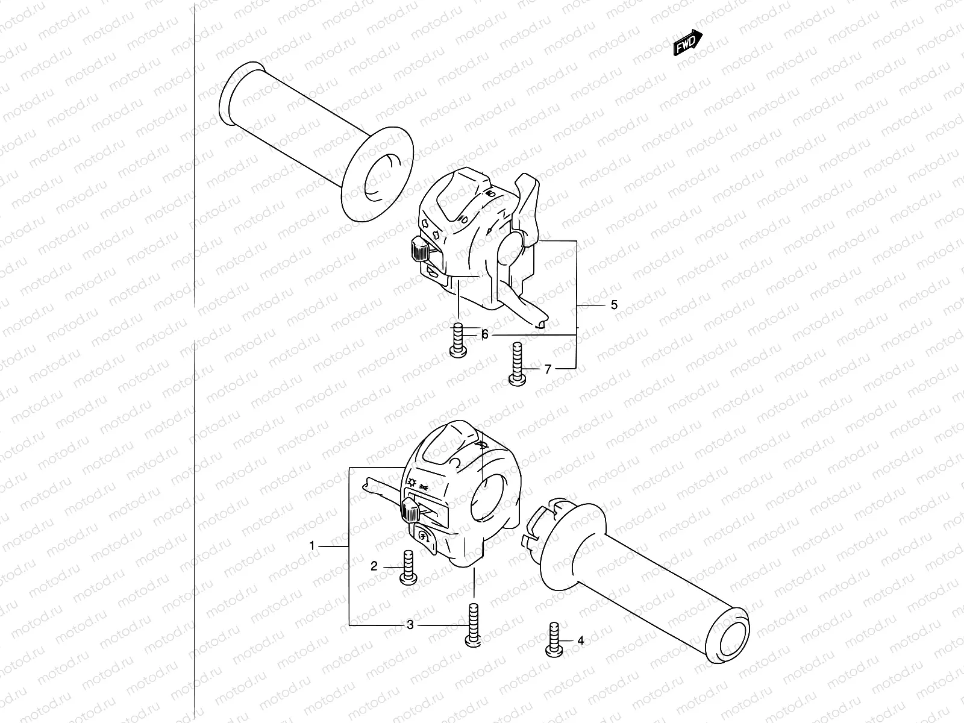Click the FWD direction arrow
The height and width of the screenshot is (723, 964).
coord(687,43)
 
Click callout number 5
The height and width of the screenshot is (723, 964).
coord(614,305)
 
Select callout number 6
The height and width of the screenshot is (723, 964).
coord(484,335)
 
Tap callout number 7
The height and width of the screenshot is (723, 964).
coord(548,369)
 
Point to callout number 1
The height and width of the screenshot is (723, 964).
coord(312,546)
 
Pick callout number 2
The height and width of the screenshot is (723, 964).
coord(374,566)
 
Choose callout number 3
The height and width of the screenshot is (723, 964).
coord(410,625)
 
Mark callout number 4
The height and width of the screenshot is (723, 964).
coord(580,640)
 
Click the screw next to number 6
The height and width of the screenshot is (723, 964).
coord(457,340)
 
